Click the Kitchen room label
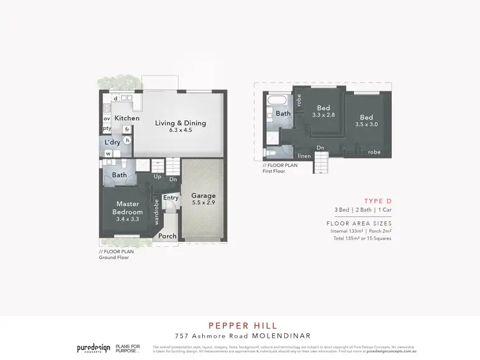127,118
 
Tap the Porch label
168,236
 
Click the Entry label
170,198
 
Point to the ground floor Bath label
120,175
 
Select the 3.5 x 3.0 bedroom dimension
366,125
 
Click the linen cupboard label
304,155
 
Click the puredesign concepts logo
91,348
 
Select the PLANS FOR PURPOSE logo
128,348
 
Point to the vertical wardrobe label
156,212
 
